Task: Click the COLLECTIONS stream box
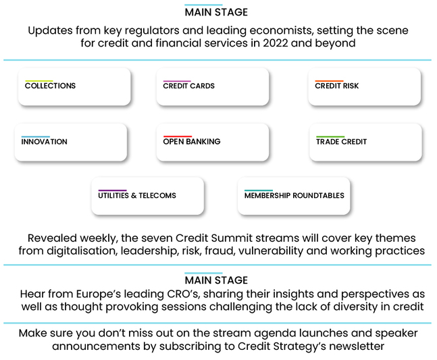click(74, 86)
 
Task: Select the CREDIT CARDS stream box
click(212, 86)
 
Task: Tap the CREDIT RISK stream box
click(364, 86)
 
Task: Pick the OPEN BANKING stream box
click(212, 142)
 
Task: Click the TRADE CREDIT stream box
click(365, 142)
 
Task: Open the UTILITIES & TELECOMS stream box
click(147, 196)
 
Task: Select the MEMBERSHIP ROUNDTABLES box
click(294, 196)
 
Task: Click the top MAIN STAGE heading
click(216, 12)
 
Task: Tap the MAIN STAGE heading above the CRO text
click(216, 280)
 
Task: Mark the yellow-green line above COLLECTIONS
click(38, 81)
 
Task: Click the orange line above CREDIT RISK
click(329, 81)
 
